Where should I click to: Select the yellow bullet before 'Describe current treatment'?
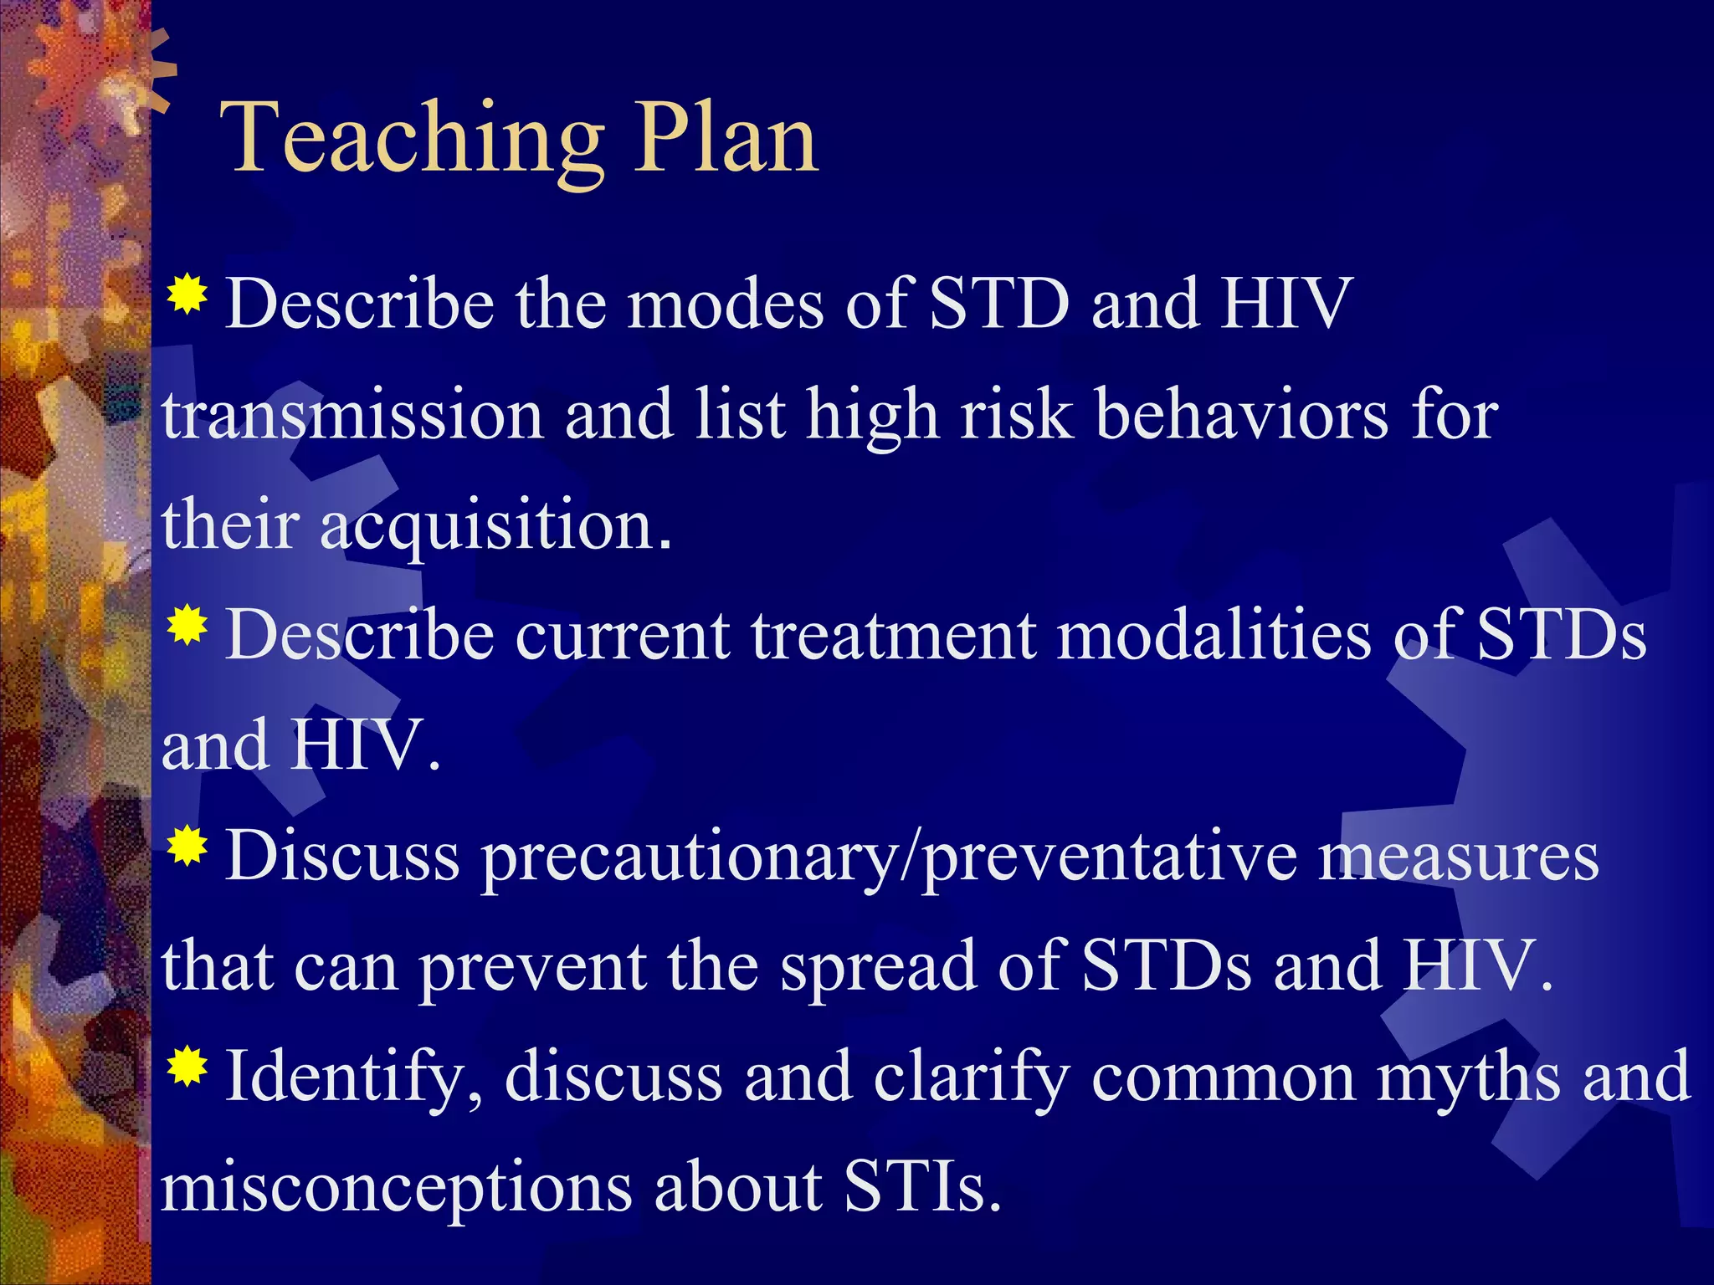[187, 625]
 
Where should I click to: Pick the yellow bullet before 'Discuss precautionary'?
[187, 847]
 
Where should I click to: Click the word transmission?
[352, 416]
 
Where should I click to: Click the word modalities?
[1214, 636]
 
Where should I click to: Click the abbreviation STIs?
[921, 1188]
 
